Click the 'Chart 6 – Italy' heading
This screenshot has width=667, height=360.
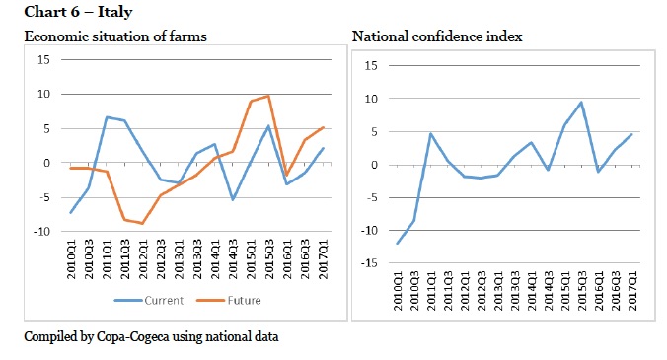[x=78, y=12]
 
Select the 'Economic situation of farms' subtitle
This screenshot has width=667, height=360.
[x=115, y=36]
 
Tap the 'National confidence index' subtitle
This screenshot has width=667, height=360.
[x=437, y=36]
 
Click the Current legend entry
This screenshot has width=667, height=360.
[x=149, y=301]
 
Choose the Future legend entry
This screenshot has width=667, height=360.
[x=229, y=301]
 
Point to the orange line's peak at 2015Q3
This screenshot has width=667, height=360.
[x=268, y=96]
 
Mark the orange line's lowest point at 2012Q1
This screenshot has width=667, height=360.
[x=142, y=223]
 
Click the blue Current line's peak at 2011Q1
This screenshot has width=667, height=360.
[x=107, y=117]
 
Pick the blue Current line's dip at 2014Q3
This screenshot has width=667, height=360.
[x=233, y=199]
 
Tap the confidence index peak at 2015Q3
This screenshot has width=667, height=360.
[x=581, y=103]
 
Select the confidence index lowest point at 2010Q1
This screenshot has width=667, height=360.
[x=398, y=244]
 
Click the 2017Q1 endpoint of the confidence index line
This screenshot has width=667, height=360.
[x=631, y=134]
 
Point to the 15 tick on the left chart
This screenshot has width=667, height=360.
[x=43, y=60]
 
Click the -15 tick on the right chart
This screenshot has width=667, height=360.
[x=369, y=263]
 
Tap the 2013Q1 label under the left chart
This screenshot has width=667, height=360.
[x=179, y=259]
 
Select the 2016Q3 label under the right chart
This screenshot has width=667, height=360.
[x=615, y=291]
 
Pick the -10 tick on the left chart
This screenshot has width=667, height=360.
[x=41, y=232]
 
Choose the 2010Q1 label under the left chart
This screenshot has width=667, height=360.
[x=71, y=259]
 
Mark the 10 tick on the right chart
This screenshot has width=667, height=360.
[x=371, y=99]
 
